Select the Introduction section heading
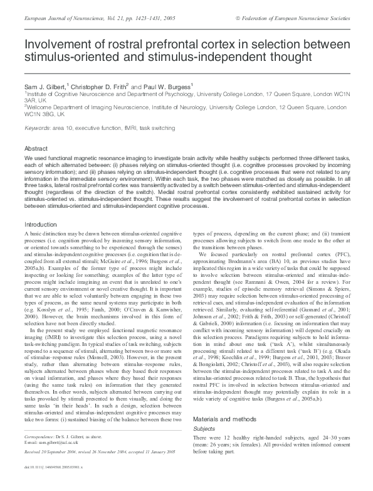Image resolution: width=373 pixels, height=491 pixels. [40, 224]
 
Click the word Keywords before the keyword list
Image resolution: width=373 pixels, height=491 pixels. [36, 128]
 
